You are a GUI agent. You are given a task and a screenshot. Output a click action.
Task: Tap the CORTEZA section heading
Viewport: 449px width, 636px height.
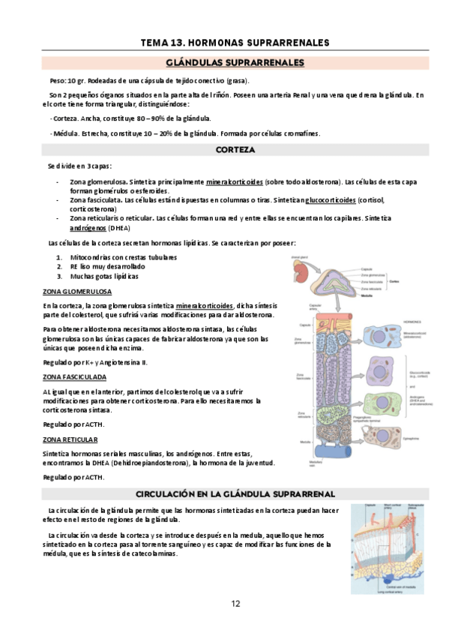235,150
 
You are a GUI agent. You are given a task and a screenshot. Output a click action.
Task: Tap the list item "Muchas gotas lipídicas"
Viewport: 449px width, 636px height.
103,276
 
